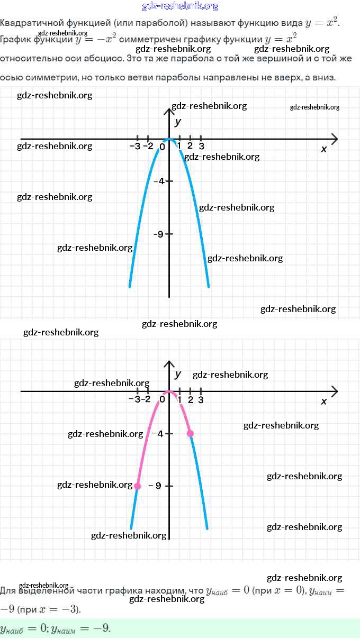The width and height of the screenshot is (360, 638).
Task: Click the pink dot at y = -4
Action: (x=190, y=433)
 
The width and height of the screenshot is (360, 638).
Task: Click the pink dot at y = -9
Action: (x=138, y=486)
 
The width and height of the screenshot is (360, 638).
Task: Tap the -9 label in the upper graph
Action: (x=158, y=234)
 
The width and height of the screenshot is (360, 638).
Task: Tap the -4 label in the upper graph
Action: (x=158, y=181)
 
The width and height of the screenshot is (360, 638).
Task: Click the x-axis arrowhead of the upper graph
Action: (x=335, y=139)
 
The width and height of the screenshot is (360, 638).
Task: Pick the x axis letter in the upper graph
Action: (x=324, y=149)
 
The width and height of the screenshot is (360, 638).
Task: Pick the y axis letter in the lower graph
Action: (x=178, y=374)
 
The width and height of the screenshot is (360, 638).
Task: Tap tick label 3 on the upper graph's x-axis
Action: (x=201, y=146)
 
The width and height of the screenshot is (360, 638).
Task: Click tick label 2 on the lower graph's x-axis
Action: (x=190, y=399)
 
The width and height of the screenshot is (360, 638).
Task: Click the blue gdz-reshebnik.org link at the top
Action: (x=180, y=6)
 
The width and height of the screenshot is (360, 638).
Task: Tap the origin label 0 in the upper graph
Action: (x=162, y=147)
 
